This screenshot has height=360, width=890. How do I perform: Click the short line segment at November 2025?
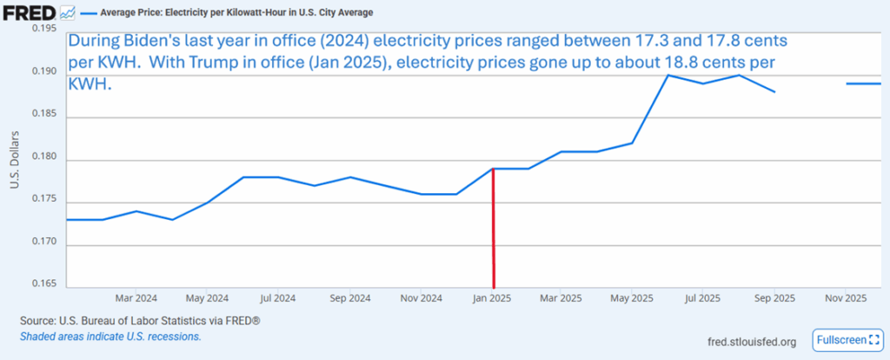[865, 83]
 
